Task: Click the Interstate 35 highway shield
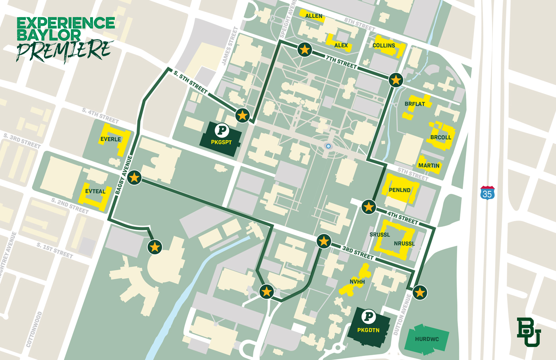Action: pos(487,193)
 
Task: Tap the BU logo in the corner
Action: pos(529,332)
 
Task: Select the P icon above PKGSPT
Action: pos(222,130)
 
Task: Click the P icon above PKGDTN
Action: pos(369,317)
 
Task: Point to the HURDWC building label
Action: pos(427,339)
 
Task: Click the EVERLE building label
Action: pos(110,139)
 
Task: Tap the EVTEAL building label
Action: pos(95,191)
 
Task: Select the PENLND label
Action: pos(400,190)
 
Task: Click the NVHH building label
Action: pos(357,282)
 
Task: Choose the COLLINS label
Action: pos(384,45)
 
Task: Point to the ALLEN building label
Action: pos(314,16)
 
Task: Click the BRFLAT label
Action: pos(415,104)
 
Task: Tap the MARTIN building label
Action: pos(429,166)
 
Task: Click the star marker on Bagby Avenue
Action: pos(134,177)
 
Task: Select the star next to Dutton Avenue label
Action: pos(420,292)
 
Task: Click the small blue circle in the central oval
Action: pos(328,146)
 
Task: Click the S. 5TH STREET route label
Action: pos(191,82)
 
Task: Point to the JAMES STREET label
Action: pos(230,46)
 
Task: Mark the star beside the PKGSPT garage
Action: pos(242,116)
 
